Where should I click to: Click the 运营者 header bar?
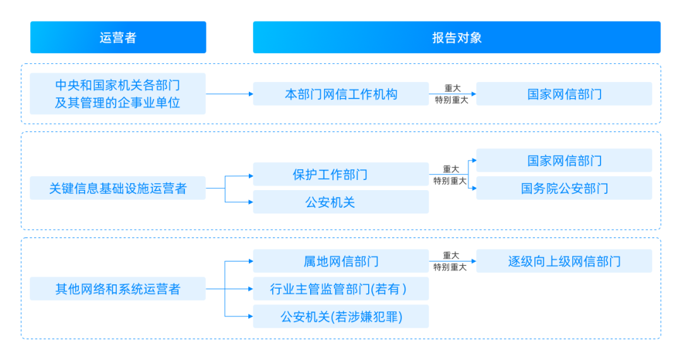tap(118, 37)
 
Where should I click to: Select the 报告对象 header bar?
tap(457, 37)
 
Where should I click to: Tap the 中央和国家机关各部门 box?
tap(118, 93)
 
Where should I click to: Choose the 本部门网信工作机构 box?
tap(341, 94)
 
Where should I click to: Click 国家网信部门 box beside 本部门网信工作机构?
tap(564, 94)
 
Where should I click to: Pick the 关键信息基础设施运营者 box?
tap(118, 188)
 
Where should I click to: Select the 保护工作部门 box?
tap(341, 174)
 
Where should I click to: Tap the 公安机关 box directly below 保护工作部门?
tap(341, 202)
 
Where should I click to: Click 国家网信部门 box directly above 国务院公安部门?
tap(564, 160)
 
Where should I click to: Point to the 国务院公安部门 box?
tap(564, 188)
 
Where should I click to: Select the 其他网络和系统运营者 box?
tap(118, 289)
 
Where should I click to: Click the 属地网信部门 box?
tap(341, 261)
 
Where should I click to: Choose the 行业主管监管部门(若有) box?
tap(341, 289)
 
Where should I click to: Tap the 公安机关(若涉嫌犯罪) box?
tap(341, 316)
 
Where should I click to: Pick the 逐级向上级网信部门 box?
tap(564, 261)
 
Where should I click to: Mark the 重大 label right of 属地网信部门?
tap(451, 255)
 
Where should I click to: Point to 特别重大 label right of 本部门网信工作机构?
tap(451, 100)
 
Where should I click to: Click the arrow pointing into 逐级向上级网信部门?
tap(470, 261)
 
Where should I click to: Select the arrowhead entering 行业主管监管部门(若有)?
tap(249, 289)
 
